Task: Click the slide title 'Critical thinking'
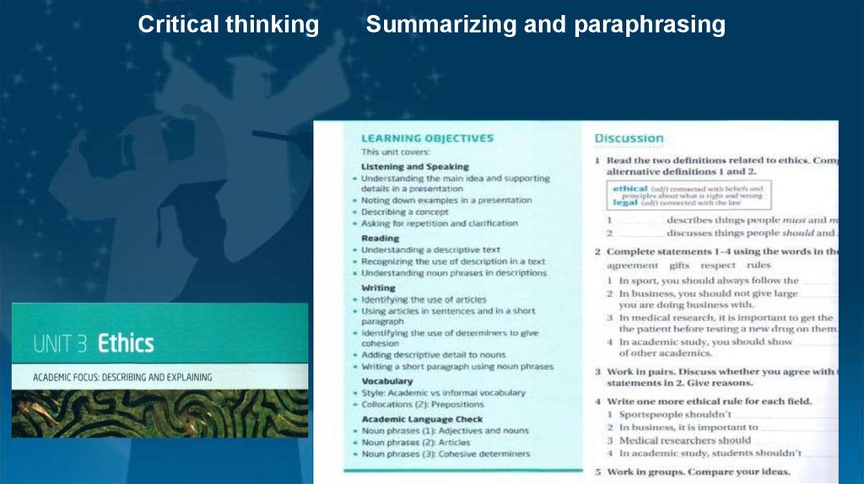(x=228, y=25)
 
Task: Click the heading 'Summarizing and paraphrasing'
(x=545, y=25)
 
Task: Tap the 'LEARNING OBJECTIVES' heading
(x=427, y=138)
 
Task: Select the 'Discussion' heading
(x=629, y=138)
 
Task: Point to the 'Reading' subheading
(x=380, y=239)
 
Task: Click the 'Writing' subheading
(x=378, y=288)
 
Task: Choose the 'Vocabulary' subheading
(x=386, y=381)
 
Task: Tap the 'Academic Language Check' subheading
(x=422, y=419)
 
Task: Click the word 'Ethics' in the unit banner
(x=126, y=344)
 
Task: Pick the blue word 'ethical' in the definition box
(x=629, y=189)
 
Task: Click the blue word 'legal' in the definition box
(x=625, y=202)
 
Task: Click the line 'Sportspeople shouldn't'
(x=674, y=414)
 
